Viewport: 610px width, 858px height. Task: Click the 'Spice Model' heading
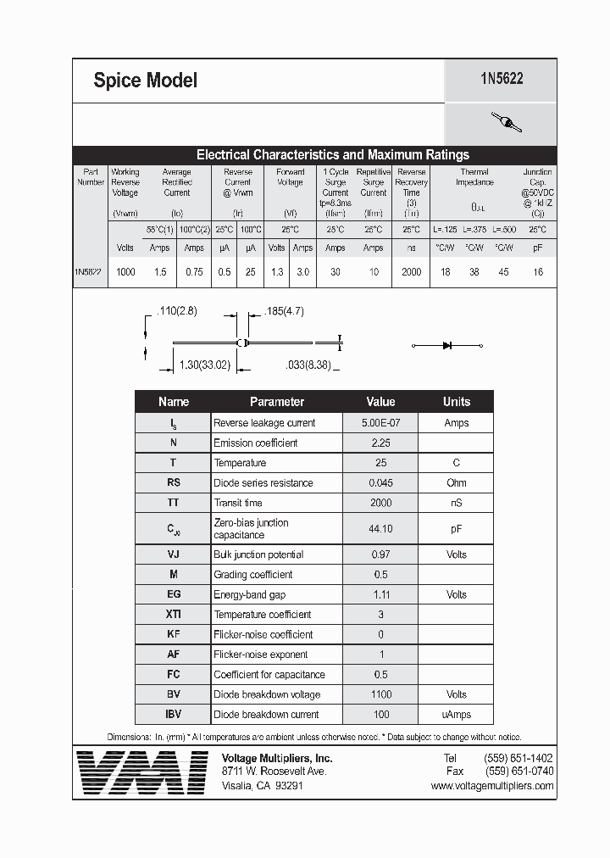(145, 81)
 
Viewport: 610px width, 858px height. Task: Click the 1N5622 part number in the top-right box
(502, 79)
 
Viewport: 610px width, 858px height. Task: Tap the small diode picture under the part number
(507, 123)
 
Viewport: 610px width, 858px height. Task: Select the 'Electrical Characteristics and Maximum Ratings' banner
(332, 155)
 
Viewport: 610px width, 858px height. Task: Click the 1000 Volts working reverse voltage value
(125, 272)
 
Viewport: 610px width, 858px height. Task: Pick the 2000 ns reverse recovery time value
(411, 272)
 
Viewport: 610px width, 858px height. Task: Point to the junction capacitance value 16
(538, 272)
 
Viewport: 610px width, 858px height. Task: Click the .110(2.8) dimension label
(176, 312)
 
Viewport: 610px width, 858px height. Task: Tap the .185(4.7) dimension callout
(284, 312)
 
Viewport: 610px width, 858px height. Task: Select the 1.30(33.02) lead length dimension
(206, 365)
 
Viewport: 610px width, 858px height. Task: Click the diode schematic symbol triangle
(447, 345)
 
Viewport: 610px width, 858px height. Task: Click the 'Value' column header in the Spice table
(380, 402)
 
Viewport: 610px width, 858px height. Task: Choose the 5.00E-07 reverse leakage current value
(380, 423)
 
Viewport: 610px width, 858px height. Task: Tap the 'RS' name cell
(174, 483)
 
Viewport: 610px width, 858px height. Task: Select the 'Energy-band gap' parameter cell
(250, 595)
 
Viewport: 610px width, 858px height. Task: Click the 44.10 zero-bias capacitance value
(380, 529)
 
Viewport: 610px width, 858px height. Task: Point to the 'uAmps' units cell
(456, 715)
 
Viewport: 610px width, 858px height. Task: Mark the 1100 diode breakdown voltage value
(380, 695)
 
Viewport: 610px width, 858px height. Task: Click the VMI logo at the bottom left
(141, 771)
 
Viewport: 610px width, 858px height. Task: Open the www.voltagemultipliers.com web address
(491, 786)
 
